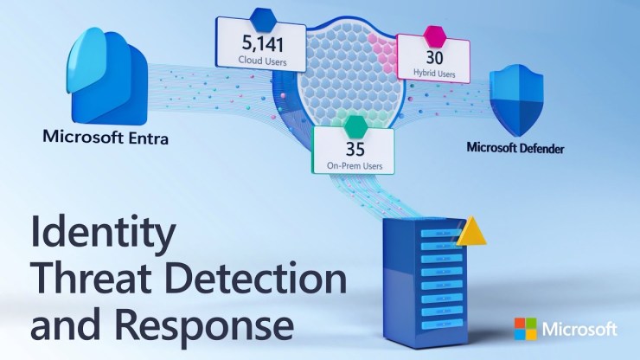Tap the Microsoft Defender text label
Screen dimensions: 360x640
(515, 148)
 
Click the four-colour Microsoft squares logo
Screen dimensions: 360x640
(525, 329)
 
